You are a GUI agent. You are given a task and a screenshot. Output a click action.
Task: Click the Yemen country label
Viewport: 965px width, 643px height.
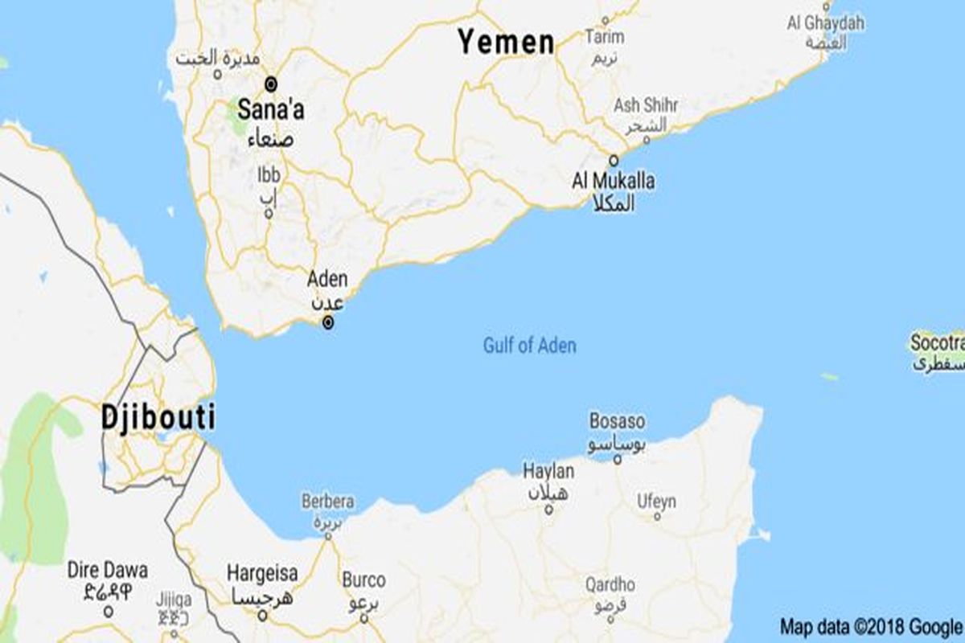(506, 42)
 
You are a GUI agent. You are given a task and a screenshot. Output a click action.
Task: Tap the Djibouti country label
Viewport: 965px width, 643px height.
(158, 418)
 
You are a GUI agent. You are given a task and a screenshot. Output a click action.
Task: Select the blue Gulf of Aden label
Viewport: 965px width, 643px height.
(529, 346)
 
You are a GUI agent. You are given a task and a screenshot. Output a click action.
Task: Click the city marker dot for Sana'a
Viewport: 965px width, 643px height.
(271, 83)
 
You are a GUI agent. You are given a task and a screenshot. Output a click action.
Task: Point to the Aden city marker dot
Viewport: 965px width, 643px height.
(327, 323)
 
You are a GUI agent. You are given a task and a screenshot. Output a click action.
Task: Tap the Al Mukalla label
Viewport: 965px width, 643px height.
(613, 181)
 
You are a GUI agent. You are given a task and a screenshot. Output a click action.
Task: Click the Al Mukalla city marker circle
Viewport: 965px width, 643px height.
(614, 159)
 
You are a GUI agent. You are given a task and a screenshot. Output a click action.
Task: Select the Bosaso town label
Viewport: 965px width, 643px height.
(617, 420)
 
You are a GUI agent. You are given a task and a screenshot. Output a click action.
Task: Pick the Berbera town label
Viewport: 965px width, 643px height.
(327, 502)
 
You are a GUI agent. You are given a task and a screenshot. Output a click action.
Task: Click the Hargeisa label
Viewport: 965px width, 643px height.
(262, 574)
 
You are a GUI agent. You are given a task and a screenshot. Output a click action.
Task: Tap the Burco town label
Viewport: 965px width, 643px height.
(363, 580)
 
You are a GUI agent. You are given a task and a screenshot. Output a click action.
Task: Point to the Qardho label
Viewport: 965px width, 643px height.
(610, 585)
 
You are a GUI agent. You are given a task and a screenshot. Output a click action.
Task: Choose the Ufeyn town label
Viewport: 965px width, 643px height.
(656, 502)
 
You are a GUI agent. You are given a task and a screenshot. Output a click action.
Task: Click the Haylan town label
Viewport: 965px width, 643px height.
(548, 471)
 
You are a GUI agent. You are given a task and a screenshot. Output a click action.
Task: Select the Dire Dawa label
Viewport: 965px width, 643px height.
(108, 571)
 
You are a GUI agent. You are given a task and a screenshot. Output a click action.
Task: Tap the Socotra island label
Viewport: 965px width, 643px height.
(937, 343)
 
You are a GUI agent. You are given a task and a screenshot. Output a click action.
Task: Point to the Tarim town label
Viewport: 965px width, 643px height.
(605, 37)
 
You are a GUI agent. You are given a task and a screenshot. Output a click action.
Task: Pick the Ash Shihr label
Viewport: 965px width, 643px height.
(646, 105)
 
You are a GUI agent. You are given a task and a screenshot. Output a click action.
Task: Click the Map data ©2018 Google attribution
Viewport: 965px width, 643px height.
(871, 626)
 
